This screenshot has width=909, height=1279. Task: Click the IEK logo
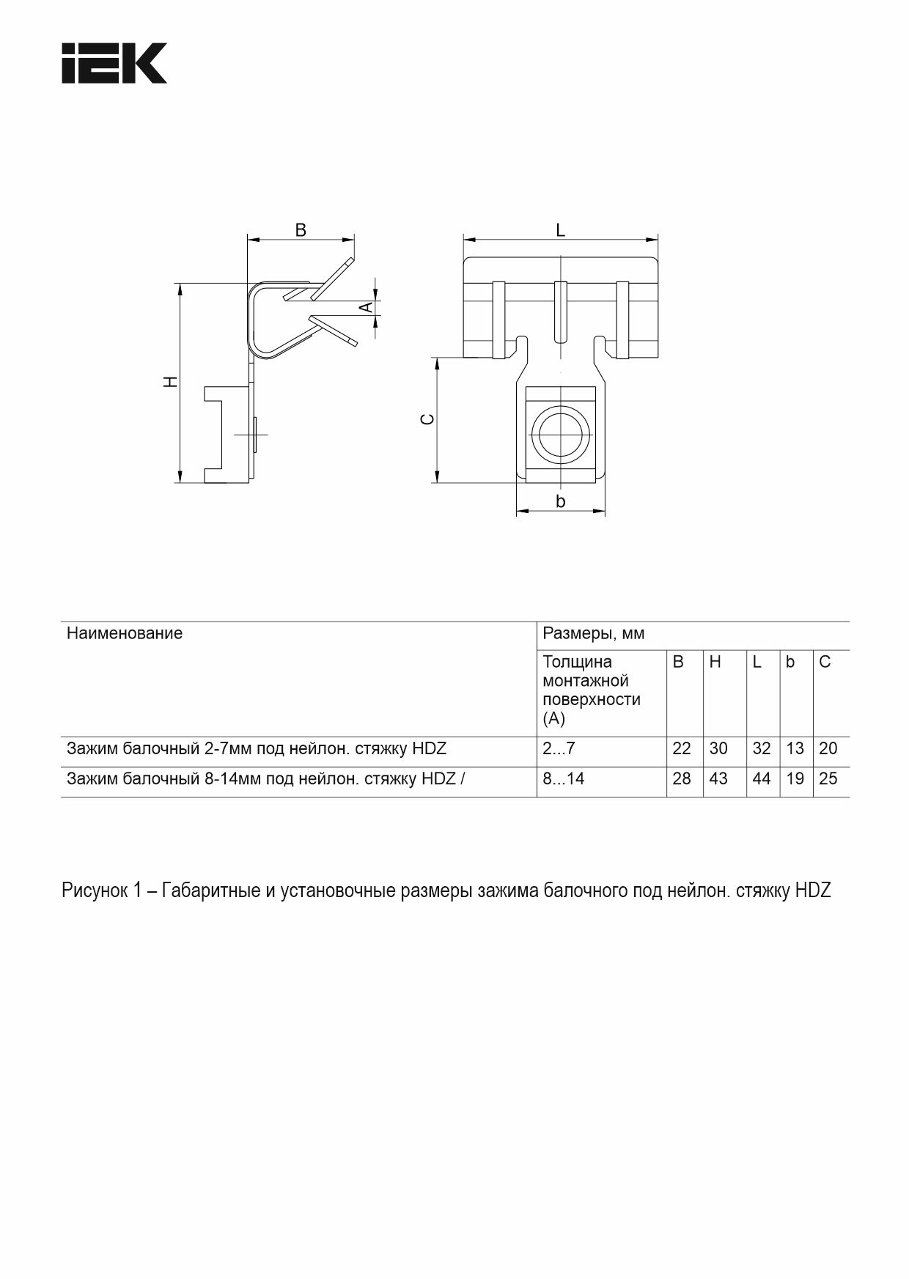pos(114,63)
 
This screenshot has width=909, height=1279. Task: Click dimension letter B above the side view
pos(301,230)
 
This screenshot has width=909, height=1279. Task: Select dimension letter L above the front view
pos(561,230)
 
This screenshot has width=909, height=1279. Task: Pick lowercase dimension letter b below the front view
pos(561,501)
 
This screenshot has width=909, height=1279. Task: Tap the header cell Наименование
pos(125,633)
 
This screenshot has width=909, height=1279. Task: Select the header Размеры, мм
pos(594,633)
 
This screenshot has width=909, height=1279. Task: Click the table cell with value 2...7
pos(559,749)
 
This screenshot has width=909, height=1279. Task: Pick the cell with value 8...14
pos(564,779)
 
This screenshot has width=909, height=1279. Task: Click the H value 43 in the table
pos(718,779)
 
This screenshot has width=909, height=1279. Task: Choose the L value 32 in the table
pos(762,749)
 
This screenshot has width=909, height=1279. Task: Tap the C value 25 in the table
pos(828,779)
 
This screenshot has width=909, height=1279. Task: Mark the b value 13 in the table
pos(795,749)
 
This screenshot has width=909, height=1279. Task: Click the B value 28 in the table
pos(682,779)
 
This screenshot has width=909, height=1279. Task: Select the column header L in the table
pos(757,663)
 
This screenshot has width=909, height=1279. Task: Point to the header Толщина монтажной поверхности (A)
pos(591,690)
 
